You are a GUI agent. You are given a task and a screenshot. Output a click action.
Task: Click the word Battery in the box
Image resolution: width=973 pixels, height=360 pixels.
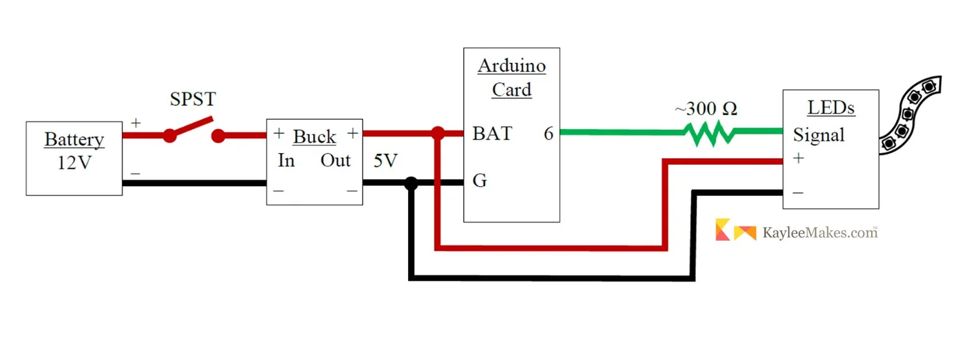tap(74, 139)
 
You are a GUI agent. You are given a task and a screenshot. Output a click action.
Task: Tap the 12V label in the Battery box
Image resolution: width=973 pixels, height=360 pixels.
tap(74, 162)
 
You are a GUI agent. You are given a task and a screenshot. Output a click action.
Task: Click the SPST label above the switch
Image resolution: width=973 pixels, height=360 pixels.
tap(193, 100)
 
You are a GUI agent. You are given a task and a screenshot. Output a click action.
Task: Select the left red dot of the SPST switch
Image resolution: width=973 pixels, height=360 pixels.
tap(169, 136)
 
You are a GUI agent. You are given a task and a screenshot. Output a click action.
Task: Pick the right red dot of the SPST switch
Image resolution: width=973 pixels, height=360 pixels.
tap(219, 136)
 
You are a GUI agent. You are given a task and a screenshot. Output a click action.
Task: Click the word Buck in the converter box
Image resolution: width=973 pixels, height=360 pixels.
tap(315, 137)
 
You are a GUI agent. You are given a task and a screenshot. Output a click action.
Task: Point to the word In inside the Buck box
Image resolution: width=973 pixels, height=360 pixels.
tap(286, 161)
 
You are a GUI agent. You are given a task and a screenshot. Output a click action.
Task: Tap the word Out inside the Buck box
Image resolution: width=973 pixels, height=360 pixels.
tap(335, 161)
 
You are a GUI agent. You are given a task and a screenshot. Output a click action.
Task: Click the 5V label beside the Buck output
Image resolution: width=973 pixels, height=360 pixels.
tap(385, 162)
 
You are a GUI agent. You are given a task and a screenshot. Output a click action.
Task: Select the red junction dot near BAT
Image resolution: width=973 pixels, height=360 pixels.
tap(438, 134)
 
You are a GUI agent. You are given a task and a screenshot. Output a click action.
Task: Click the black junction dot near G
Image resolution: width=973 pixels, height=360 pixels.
tap(411, 183)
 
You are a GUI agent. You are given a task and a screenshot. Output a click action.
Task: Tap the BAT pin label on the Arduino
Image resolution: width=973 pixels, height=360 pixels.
tap(492, 134)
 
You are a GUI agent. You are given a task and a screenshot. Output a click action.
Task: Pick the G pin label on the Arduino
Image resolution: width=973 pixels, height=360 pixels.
tap(479, 181)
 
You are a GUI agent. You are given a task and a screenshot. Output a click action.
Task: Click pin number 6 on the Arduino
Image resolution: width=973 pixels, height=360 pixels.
tap(549, 134)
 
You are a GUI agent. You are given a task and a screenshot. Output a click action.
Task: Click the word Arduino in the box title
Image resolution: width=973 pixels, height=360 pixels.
tap(512, 66)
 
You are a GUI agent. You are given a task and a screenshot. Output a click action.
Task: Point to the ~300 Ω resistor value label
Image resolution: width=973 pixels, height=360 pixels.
tap(706, 109)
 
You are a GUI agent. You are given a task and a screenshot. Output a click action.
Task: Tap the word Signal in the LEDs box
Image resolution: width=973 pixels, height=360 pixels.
tap(819, 136)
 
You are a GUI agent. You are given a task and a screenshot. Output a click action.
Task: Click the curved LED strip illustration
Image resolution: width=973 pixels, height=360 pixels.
tap(911, 114)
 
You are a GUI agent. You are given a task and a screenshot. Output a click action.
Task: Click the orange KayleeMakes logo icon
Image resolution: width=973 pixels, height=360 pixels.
tap(736, 230)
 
